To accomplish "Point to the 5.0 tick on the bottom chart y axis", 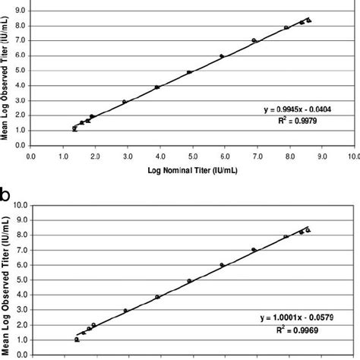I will coord(22,279).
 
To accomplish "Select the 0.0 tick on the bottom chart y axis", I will coord(22,354).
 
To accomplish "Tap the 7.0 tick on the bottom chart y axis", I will coord(22,250).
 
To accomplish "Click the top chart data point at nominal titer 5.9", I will coord(222,56).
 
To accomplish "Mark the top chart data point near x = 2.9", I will coord(125,102).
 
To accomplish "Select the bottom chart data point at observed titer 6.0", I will coord(222,265).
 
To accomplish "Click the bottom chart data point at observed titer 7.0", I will coord(254,249).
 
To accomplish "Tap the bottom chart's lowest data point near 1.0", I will coord(77,339).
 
